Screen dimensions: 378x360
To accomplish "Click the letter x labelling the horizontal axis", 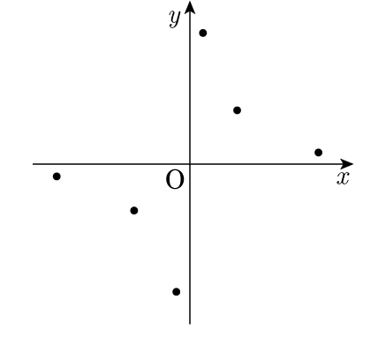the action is pos(343,178).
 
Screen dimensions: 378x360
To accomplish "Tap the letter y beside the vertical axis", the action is pos(175,19).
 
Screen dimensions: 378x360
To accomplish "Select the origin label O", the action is pos(175,180).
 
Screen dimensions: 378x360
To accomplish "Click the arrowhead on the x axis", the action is pos(346,164).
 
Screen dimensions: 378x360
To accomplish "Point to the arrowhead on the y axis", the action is pos(190,7).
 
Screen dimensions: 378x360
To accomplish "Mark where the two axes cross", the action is pos(190,164).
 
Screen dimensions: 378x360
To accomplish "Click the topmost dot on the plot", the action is pos(203,33).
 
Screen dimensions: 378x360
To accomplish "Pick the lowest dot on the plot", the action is pos(177,292).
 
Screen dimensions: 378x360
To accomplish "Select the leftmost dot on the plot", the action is pos(57,176).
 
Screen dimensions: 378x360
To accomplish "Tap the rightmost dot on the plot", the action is pos(318,153).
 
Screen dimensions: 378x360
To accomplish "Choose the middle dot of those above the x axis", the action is pos(237,110).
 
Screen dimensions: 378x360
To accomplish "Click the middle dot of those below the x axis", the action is pos(134,211).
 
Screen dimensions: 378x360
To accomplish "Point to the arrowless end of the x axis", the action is pos(33,164).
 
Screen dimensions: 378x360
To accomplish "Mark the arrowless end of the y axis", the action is pos(190,324).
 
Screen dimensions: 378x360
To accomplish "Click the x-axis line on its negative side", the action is pos(111,164).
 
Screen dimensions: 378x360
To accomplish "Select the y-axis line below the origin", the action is pos(190,244).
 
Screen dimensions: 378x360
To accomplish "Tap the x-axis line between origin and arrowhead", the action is pos(265,164).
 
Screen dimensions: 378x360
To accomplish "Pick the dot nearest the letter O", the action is pos(134,211).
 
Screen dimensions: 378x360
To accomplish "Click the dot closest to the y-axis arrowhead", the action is pos(203,33).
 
